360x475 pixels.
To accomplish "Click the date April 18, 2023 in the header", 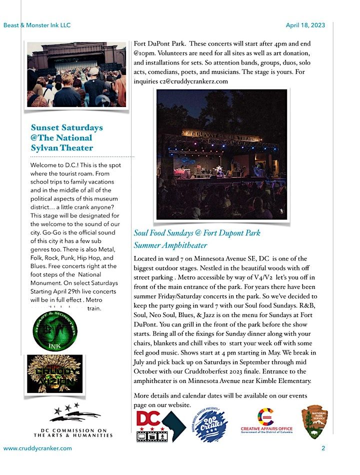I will (x=305, y=25).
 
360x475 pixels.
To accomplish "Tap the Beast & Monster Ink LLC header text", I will (x=36, y=25).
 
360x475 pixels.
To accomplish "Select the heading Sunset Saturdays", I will (x=66, y=127).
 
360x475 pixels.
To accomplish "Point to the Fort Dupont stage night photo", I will (x=222, y=155).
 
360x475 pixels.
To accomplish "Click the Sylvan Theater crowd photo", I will (x=76, y=74).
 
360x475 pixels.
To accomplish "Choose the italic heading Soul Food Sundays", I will (x=197, y=233).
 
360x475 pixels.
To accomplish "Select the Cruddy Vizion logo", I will (x=54, y=373).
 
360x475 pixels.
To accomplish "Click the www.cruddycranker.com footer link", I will (x=37, y=448).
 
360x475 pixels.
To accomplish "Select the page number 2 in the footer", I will (x=323, y=448).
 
